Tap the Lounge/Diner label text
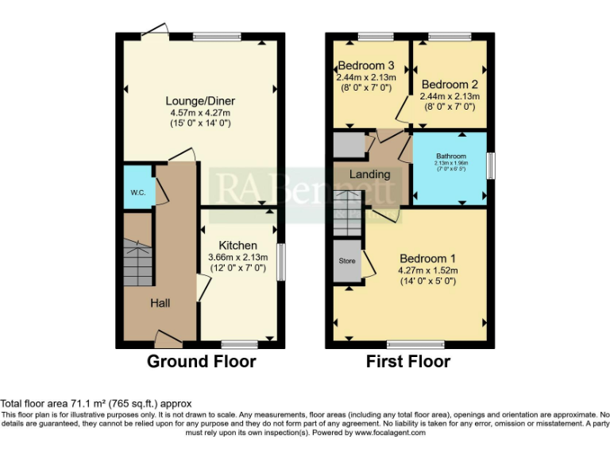point(200,101)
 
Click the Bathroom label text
point(450,157)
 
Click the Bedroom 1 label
point(427,258)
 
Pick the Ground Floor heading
point(202,362)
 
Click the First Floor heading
point(408,362)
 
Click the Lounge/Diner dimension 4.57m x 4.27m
point(200,113)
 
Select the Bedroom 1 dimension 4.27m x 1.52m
point(428,270)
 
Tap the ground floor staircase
point(138,262)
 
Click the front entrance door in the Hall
point(168,341)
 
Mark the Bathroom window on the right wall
point(490,166)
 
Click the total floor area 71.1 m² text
point(95,404)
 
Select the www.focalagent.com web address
point(389,433)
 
